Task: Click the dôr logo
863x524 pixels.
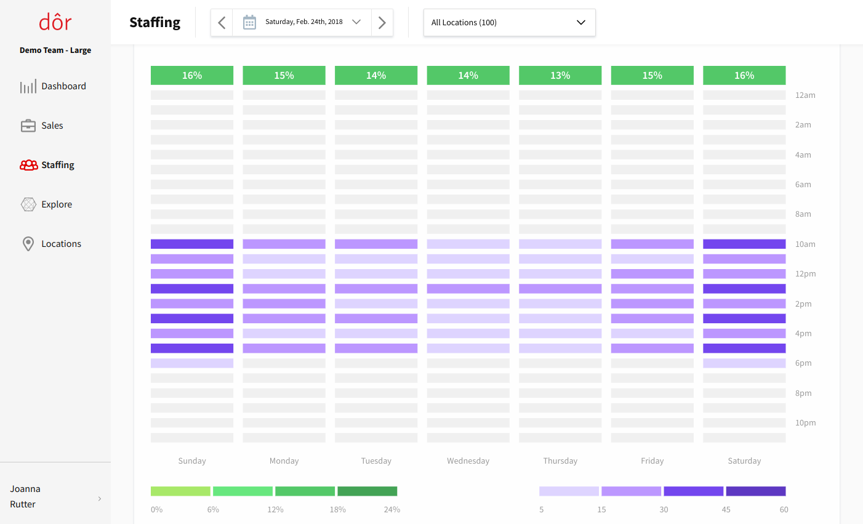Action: point(55,23)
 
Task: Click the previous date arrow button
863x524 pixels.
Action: point(222,23)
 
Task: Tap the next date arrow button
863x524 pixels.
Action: point(382,23)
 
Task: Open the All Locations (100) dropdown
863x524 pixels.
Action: point(509,23)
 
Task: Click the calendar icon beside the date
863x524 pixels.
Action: point(249,23)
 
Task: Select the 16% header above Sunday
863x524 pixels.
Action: point(192,75)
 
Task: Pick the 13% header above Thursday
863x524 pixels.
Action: point(560,75)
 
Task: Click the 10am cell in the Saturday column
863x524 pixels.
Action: point(744,244)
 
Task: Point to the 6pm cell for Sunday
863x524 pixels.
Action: point(192,363)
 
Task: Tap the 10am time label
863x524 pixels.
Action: point(805,244)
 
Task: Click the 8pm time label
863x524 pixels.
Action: point(803,393)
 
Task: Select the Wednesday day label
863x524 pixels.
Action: point(468,461)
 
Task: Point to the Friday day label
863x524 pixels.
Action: point(652,461)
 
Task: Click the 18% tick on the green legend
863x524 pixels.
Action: point(338,510)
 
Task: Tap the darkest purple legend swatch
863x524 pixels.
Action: point(756,491)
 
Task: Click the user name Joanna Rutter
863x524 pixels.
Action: point(25,496)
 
